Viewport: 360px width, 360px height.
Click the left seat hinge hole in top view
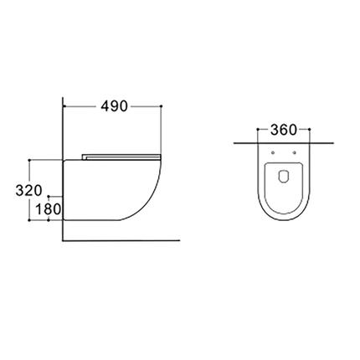pos(274,154)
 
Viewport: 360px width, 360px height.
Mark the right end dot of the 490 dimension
pos(160,107)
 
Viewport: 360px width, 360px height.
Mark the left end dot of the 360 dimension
pos(255,131)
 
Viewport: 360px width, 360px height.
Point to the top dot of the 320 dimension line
pos(31,158)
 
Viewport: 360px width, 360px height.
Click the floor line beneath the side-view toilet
pos(126,239)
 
